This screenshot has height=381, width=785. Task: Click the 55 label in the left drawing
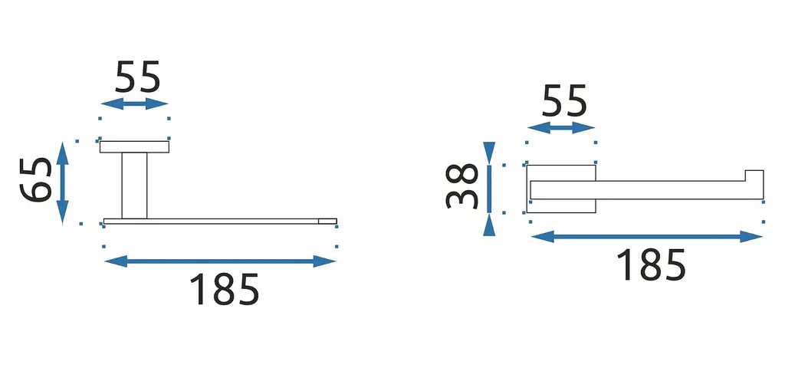[137, 77]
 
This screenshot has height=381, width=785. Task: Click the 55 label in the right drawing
[563, 100]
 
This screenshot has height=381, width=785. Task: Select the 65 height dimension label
[36, 179]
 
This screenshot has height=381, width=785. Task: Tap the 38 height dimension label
[461, 186]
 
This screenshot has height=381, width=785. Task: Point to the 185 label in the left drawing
[224, 289]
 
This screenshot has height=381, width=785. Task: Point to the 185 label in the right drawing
[650, 264]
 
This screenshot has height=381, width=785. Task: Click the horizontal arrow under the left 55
[134, 104]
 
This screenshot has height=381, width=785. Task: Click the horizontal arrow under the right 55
[561, 128]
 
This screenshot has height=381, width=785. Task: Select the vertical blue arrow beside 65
[63, 182]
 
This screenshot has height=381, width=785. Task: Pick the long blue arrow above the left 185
[220, 261]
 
